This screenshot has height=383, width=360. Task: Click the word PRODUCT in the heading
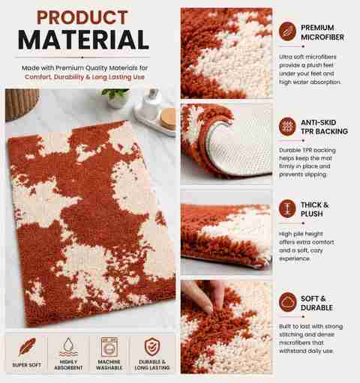point(82,17)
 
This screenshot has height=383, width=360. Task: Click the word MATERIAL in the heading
point(83,40)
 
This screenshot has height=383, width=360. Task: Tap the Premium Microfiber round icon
point(287,31)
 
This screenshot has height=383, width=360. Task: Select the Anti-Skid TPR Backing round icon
point(287,127)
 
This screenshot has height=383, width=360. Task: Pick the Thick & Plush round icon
point(287,208)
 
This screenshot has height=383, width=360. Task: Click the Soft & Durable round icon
point(287,302)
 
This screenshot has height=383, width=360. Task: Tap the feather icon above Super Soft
point(27,346)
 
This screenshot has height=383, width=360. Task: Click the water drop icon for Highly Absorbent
point(68,346)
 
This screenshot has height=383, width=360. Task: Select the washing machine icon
point(109,347)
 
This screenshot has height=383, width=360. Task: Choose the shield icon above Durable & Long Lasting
point(152,346)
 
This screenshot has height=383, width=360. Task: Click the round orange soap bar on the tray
point(167,118)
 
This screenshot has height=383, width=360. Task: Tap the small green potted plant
point(115,98)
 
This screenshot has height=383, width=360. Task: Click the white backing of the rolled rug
point(240,148)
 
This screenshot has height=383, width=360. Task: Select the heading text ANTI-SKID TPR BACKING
point(324,127)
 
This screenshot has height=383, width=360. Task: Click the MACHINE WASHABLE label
point(109,365)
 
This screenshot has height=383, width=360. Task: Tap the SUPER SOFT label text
point(27,365)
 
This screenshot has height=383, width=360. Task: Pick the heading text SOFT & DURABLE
point(316,303)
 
